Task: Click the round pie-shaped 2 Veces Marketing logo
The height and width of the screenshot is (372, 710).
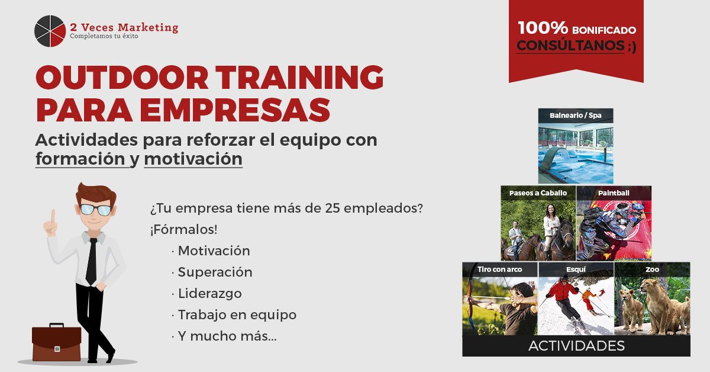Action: pos(50,31)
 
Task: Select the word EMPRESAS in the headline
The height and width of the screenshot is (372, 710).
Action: pos(234,110)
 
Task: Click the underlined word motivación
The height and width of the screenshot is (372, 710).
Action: pos(193,159)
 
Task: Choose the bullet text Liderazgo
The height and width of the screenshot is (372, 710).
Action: pos(210,294)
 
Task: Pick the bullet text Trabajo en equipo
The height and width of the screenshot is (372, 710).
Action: pos(237,315)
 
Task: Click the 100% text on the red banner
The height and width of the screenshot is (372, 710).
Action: pos(543,28)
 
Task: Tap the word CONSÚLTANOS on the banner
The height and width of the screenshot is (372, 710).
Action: pos(570,46)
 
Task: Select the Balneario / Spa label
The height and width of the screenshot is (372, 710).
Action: pos(576,116)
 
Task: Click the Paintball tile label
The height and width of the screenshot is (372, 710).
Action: pos(614,193)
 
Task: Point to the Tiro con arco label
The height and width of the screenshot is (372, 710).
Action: pos(499,270)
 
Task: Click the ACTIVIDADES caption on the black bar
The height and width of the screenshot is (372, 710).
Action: pos(576,346)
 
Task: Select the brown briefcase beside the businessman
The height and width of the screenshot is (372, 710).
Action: pos(56,343)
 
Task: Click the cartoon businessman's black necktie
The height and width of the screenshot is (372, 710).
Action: pos(92,261)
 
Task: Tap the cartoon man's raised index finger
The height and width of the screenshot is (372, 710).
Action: pos(53,216)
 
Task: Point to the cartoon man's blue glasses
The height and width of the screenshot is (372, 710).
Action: pos(95,210)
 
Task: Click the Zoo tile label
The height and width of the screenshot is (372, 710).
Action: pos(652,270)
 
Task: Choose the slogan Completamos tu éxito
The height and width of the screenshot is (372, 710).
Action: pos(104,36)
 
